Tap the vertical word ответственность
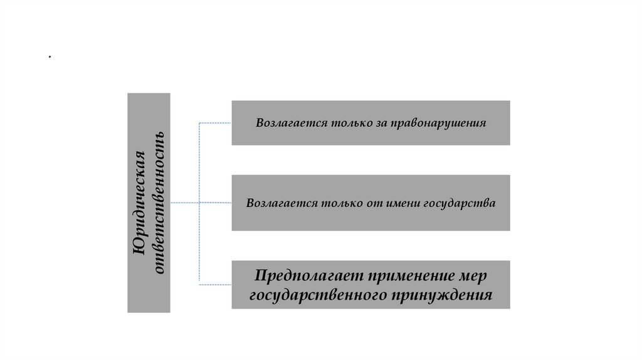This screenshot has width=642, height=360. [159, 203]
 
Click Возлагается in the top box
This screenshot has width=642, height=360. [285, 123]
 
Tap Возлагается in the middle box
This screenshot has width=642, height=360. [276, 203]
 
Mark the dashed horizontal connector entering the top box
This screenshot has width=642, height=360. [215, 123]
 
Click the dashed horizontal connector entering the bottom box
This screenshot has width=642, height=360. [215, 284]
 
